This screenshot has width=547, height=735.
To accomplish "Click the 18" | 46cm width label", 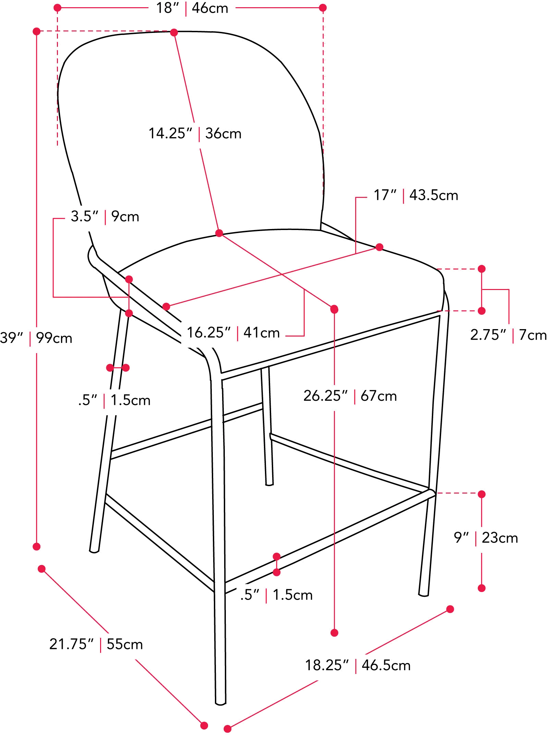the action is (192, 8).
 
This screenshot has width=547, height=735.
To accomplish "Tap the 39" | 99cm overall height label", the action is (36, 338).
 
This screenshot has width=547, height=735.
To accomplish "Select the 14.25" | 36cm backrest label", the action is (195, 133).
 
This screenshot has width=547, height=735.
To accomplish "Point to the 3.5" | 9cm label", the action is (105, 217).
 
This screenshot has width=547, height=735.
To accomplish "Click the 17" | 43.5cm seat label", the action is (416, 195).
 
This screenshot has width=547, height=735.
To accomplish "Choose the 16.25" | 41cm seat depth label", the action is (233, 333).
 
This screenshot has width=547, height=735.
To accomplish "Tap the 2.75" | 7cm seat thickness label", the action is (508, 335).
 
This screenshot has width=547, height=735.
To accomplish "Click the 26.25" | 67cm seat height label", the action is (350, 396).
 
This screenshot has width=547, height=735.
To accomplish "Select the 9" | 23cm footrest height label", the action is (486, 538).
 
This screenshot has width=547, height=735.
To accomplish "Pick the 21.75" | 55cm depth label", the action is (96, 644).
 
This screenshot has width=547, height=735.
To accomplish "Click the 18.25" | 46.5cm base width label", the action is (358, 665).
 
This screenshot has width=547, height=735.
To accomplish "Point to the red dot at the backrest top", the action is (174, 33).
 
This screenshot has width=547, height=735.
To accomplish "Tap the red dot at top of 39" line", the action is (37, 31).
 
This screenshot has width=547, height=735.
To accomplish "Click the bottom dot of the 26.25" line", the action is (335, 632).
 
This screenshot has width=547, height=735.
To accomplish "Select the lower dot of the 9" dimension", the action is (482, 588).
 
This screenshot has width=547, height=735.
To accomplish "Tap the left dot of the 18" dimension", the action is (58, 8).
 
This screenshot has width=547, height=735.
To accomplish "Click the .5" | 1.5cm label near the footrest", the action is (276, 595).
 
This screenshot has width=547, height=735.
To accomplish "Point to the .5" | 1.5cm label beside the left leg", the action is (114, 400).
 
